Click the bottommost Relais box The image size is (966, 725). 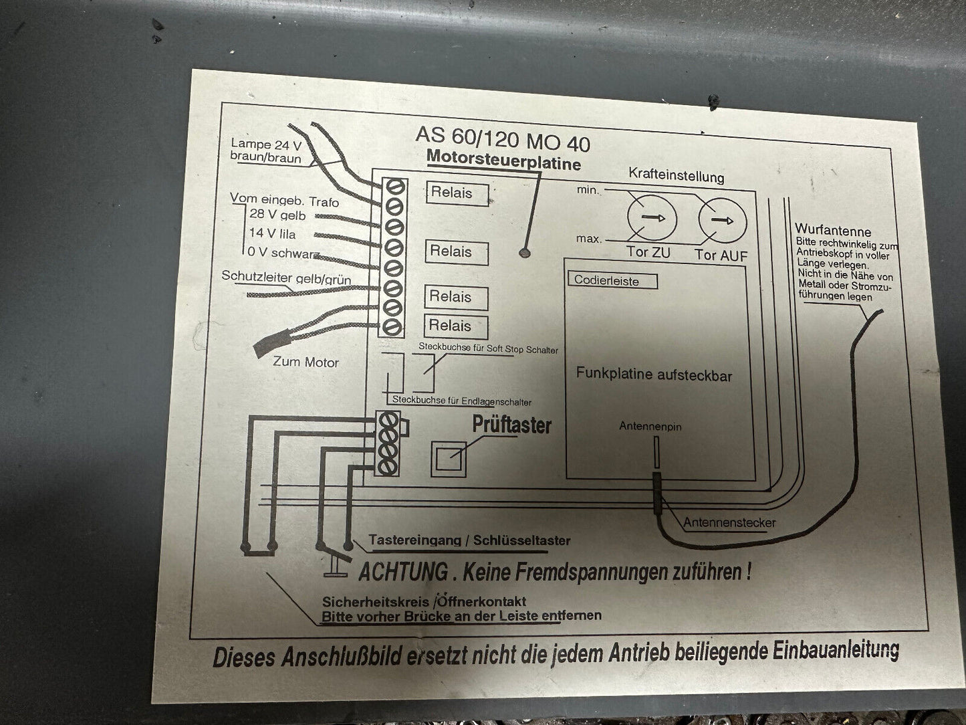click(x=456, y=326)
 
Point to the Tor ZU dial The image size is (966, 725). click(x=652, y=219)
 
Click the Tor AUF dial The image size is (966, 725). click(x=722, y=221)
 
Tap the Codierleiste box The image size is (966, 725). click(x=612, y=281)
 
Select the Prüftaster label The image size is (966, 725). click(x=511, y=425)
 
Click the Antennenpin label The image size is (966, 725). click(x=650, y=427)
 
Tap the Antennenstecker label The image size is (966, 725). click(x=729, y=522)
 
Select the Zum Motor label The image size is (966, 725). click(x=306, y=362)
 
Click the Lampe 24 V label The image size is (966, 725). click(x=260, y=144)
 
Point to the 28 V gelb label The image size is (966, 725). click(x=277, y=215)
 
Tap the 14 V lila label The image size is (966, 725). click(x=271, y=234)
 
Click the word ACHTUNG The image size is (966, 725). click(x=403, y=573)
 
